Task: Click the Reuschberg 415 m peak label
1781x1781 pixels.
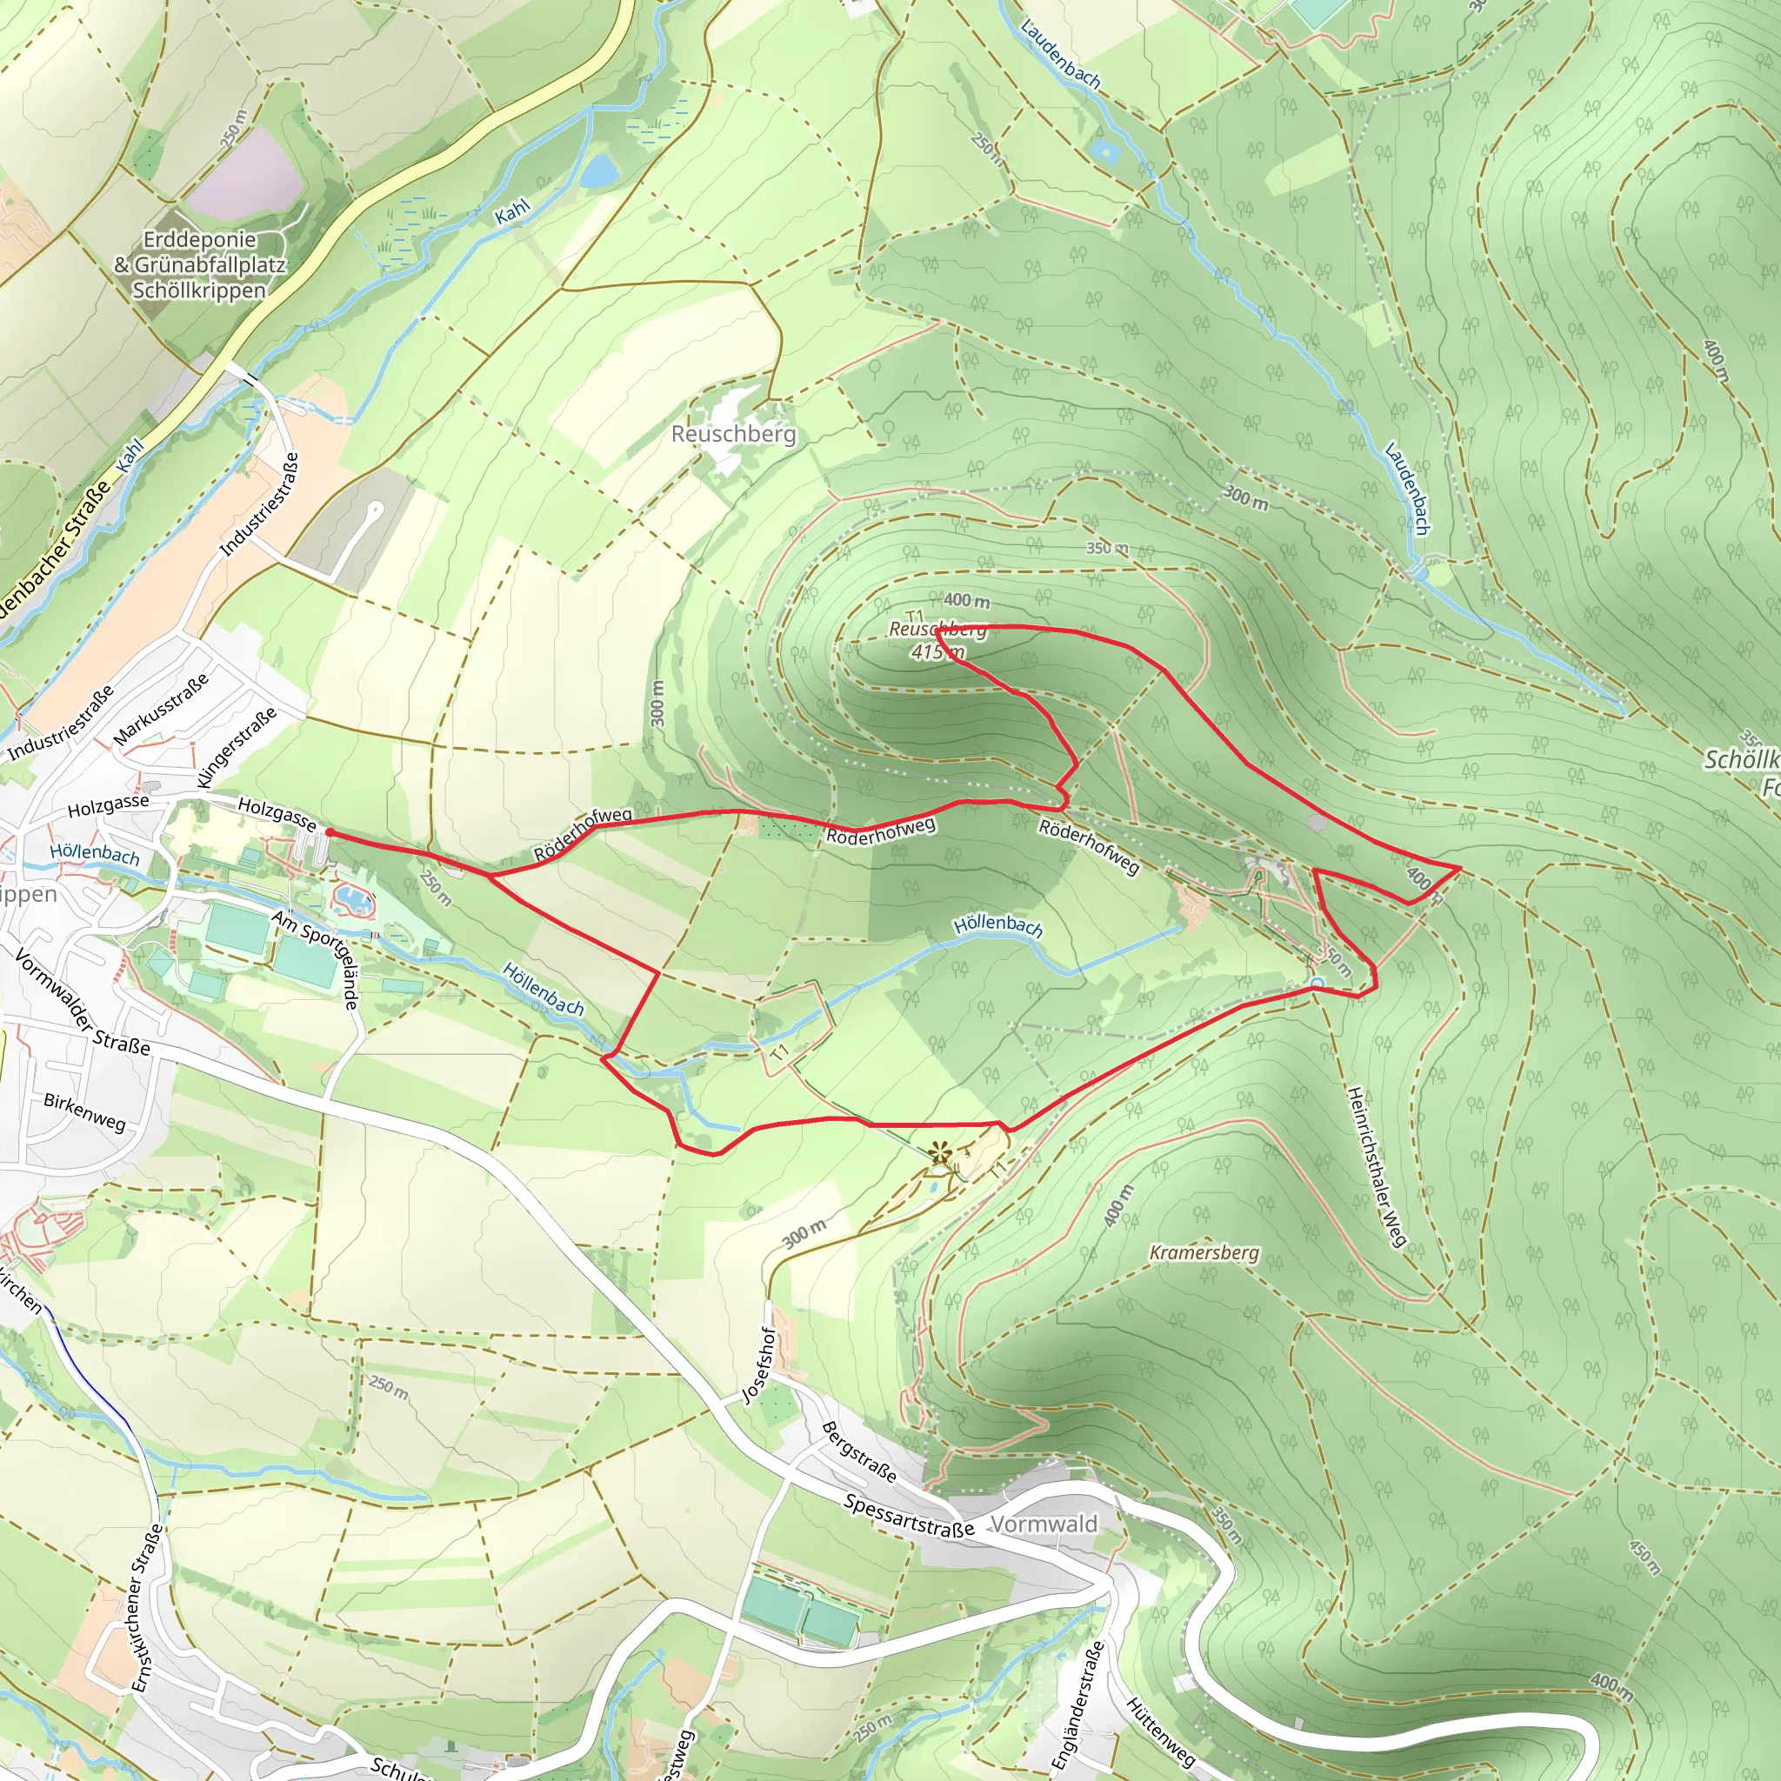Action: [937, 640]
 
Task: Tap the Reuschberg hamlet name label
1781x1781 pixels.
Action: [733, 433]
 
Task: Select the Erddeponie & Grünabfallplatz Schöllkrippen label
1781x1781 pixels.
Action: [199, 264]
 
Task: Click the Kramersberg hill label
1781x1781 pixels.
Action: [1204, 1252]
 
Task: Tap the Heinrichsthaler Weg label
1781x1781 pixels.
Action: [1376, 1167]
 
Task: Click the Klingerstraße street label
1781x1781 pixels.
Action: [236, 748]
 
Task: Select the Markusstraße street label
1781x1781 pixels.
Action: [162, 709]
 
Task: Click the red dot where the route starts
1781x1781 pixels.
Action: [329, 831]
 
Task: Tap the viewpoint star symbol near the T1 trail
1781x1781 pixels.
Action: [939, 1151]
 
